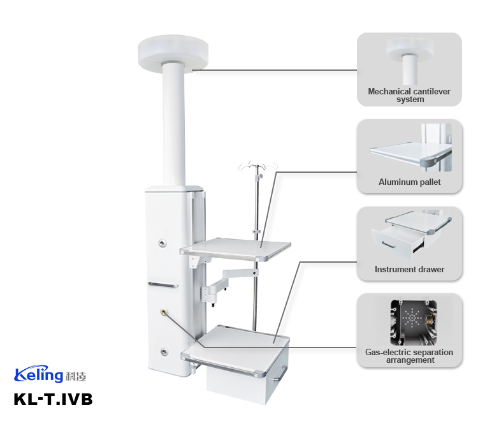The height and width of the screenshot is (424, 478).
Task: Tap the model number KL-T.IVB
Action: pyautogui.click(x=53, y=400)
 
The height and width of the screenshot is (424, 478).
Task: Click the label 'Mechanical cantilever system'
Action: pyautogui.click(x=409, y=95)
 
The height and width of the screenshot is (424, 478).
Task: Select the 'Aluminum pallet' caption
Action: pyautogui.click(x=409, y=182)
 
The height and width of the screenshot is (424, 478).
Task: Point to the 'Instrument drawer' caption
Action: pyautogui.click(x=409, y=270)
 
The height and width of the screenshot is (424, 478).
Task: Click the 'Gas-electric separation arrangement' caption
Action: pyautogui.click(x=409, y=356)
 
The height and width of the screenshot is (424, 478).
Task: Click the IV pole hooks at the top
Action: pyautogui.click(x=257, y=167)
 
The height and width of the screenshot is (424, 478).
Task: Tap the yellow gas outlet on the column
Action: pyautogui.click(x=165, y=312)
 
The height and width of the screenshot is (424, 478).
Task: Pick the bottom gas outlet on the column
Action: pyautogui.click(x=165, y=351)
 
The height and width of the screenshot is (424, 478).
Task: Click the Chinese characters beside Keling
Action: pyautogui.click(x=74, y=376)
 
